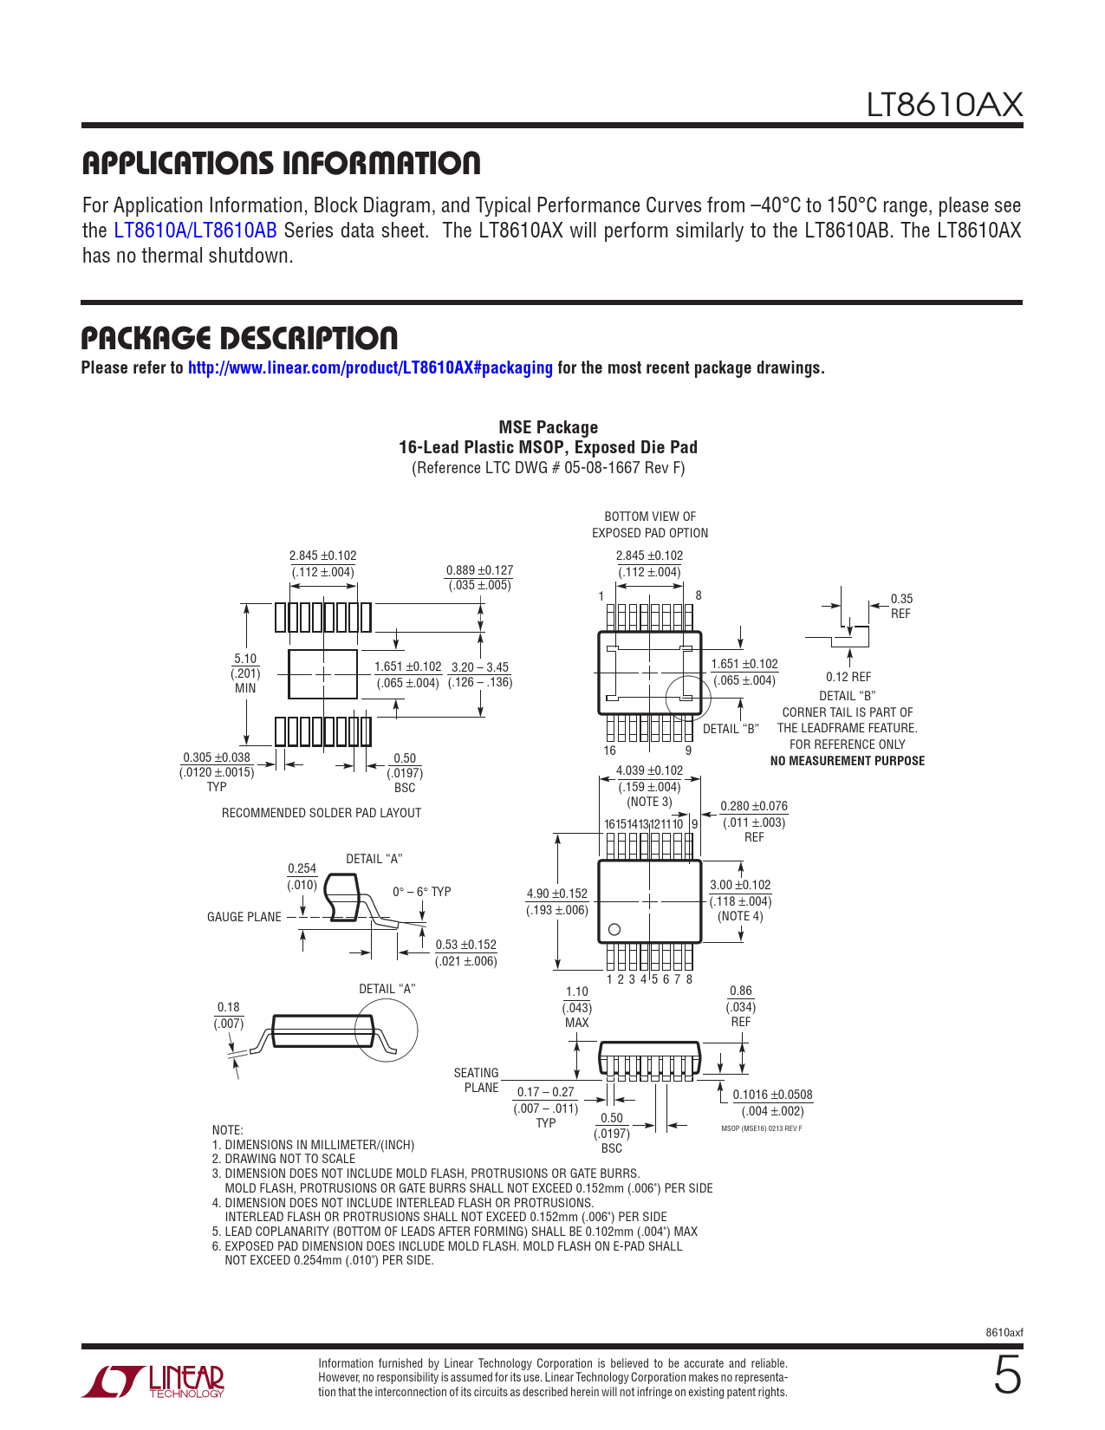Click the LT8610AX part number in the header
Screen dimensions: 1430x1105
(944, 105)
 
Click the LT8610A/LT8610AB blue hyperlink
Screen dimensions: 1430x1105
(195, 231)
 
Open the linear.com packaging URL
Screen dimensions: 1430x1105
(370, 367)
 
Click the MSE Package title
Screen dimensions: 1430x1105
(548, 427)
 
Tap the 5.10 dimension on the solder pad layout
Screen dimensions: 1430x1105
(245, 659)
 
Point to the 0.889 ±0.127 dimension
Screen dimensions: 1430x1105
(479, 570)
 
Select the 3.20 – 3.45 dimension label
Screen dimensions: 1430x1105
(480, 667)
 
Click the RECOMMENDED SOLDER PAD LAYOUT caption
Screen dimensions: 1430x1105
(322, 813)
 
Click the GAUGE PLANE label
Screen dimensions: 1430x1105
(244, 917)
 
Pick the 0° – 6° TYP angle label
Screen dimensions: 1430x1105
(421, 892)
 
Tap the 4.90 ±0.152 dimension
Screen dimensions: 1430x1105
(557, 894)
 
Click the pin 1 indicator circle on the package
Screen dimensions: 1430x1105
(614, 929)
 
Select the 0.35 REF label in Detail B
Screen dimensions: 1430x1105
(901, 606)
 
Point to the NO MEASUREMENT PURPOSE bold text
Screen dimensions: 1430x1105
(847, 761)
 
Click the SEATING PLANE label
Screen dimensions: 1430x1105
(476, 1080)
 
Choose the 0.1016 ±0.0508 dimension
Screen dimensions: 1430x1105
(772, 1095)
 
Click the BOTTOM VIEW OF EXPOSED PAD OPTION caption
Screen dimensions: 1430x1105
(650, 524)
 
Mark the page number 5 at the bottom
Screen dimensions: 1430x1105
(1007, 1375)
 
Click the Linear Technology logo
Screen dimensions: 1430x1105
(153, 1381)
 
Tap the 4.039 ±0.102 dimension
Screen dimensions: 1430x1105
(649, 770)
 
